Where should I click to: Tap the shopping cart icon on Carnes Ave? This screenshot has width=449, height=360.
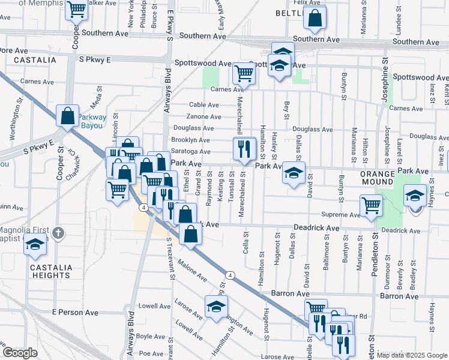pyautogui.click(x=244, y=73)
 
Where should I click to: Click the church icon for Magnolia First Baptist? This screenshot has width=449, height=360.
pyautogui.click(x=57, y=232)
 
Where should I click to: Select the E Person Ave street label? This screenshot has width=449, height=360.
pyautogui.click(x=75, y=313)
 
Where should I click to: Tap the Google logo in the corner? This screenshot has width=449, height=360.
pyautogui.click(x=20, y=353)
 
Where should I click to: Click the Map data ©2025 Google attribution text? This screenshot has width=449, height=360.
pyautogui.click(x=411, y=355)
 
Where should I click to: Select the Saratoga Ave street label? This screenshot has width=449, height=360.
pyautogui.click(x=191, y=152)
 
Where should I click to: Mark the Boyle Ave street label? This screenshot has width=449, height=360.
pyautogui.click(x=151, y=337)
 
